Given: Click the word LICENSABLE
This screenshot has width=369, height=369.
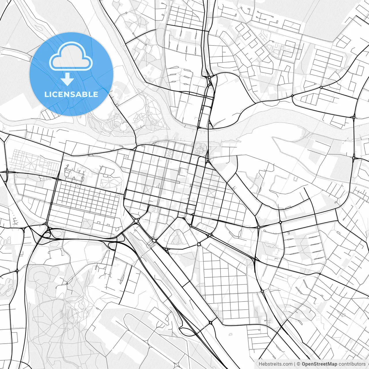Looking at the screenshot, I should (x=71, y=94).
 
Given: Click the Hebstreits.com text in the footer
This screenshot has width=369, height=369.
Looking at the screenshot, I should (x=275, y=364).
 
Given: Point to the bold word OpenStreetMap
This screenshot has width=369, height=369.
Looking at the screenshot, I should (x=319, y=364).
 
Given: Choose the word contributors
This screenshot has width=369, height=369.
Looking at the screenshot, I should (x=352, y=364).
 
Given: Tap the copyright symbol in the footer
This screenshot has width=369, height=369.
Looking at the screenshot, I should (x=299, y=364).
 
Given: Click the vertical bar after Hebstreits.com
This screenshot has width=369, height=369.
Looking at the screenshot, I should (x=295, y=364).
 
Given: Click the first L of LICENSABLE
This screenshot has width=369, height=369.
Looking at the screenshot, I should (x=46, y=94).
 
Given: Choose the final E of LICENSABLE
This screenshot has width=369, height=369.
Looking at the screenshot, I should (x=96, y=94).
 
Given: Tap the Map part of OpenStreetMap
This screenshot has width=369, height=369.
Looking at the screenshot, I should (x=332, y=364).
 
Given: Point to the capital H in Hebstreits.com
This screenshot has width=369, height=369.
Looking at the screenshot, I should (x=260, y=364).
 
